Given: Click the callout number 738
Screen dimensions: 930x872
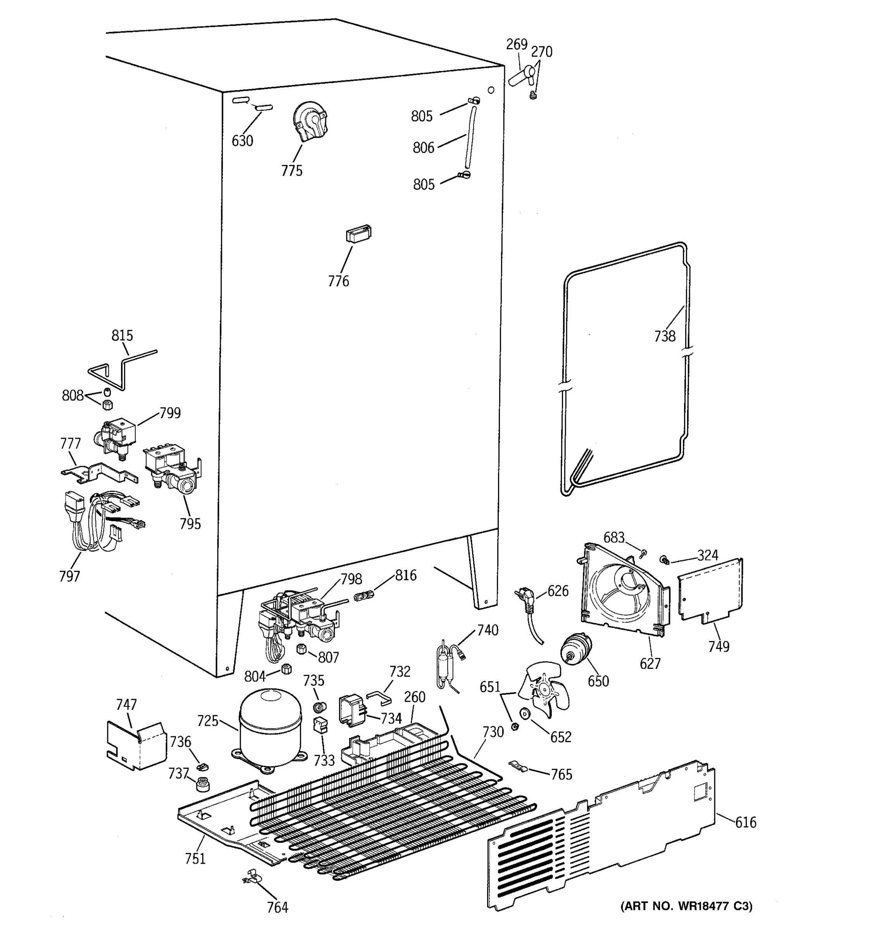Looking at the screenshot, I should coord(664,336).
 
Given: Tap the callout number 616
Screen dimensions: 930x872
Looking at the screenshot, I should coord(745,822).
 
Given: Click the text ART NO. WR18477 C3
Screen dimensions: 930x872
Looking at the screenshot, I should coord(686,906).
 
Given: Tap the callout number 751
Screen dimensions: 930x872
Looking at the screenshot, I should coord(195,859).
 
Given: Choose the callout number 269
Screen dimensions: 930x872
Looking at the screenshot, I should coord(517,45).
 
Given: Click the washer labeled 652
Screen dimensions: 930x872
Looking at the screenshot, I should coord(525,714).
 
